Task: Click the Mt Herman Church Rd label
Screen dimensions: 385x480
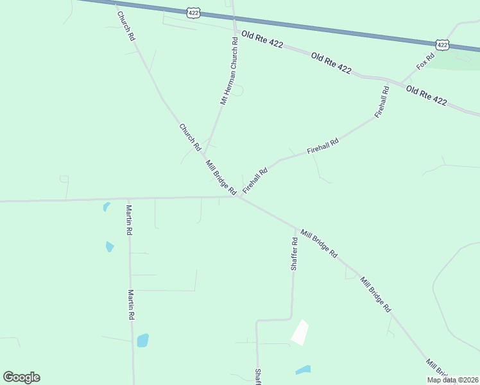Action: click(230, 71)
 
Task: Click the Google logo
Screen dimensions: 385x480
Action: click(21, 377)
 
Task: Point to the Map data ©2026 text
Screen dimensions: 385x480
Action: click(453, 380)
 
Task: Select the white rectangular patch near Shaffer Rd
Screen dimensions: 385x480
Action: click(300, 332)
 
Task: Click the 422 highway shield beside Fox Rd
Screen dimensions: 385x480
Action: click(441, 44)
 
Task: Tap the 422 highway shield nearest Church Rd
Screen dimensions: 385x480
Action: click(194, 12)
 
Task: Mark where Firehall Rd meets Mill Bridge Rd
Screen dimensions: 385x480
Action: click(239, 196)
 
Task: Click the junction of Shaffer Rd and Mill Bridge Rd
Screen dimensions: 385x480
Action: click(296, 227)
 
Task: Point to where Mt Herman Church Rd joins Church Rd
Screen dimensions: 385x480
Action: click(204, 154)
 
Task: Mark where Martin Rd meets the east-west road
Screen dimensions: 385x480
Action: click(129, 199)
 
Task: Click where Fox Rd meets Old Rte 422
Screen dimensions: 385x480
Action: click(402, 83)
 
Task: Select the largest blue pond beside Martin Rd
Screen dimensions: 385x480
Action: click(142, 340)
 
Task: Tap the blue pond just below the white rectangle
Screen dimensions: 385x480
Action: click(303, 370)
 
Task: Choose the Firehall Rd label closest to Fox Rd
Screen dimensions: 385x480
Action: click(382, 101)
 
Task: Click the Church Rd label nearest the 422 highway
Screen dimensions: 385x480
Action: click(126, 26)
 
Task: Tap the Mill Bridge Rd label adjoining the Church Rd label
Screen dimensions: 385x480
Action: click(221, 178)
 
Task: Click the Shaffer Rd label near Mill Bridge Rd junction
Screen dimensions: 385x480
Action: click(294, 253)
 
